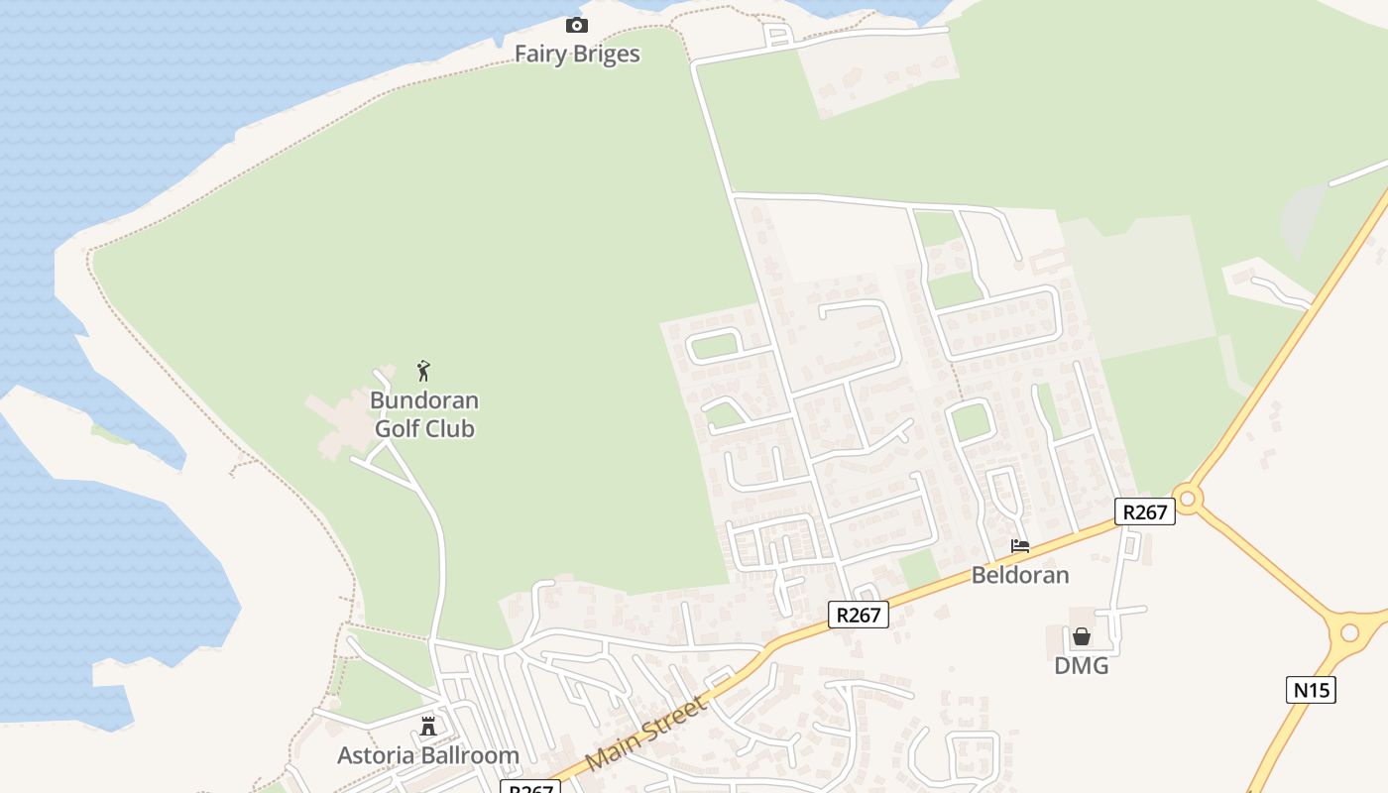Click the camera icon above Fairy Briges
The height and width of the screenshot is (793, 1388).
576,25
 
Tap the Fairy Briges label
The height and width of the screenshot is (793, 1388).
577,54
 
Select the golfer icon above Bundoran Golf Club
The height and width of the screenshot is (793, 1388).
424,371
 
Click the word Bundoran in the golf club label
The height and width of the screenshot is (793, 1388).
424,400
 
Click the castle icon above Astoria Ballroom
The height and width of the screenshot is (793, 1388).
428,727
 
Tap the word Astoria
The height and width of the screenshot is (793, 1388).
376,755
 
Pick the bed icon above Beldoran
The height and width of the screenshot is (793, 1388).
1020,545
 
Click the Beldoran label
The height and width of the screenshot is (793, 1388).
1020,575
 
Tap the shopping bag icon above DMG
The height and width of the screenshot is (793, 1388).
1082,636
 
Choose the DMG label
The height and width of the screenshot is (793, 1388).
1082,666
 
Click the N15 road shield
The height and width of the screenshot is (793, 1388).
1311,690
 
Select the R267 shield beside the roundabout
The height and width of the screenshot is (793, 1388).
1145,511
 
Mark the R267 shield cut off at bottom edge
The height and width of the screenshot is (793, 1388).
529,787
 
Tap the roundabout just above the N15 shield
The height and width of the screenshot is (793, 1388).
1349,632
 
